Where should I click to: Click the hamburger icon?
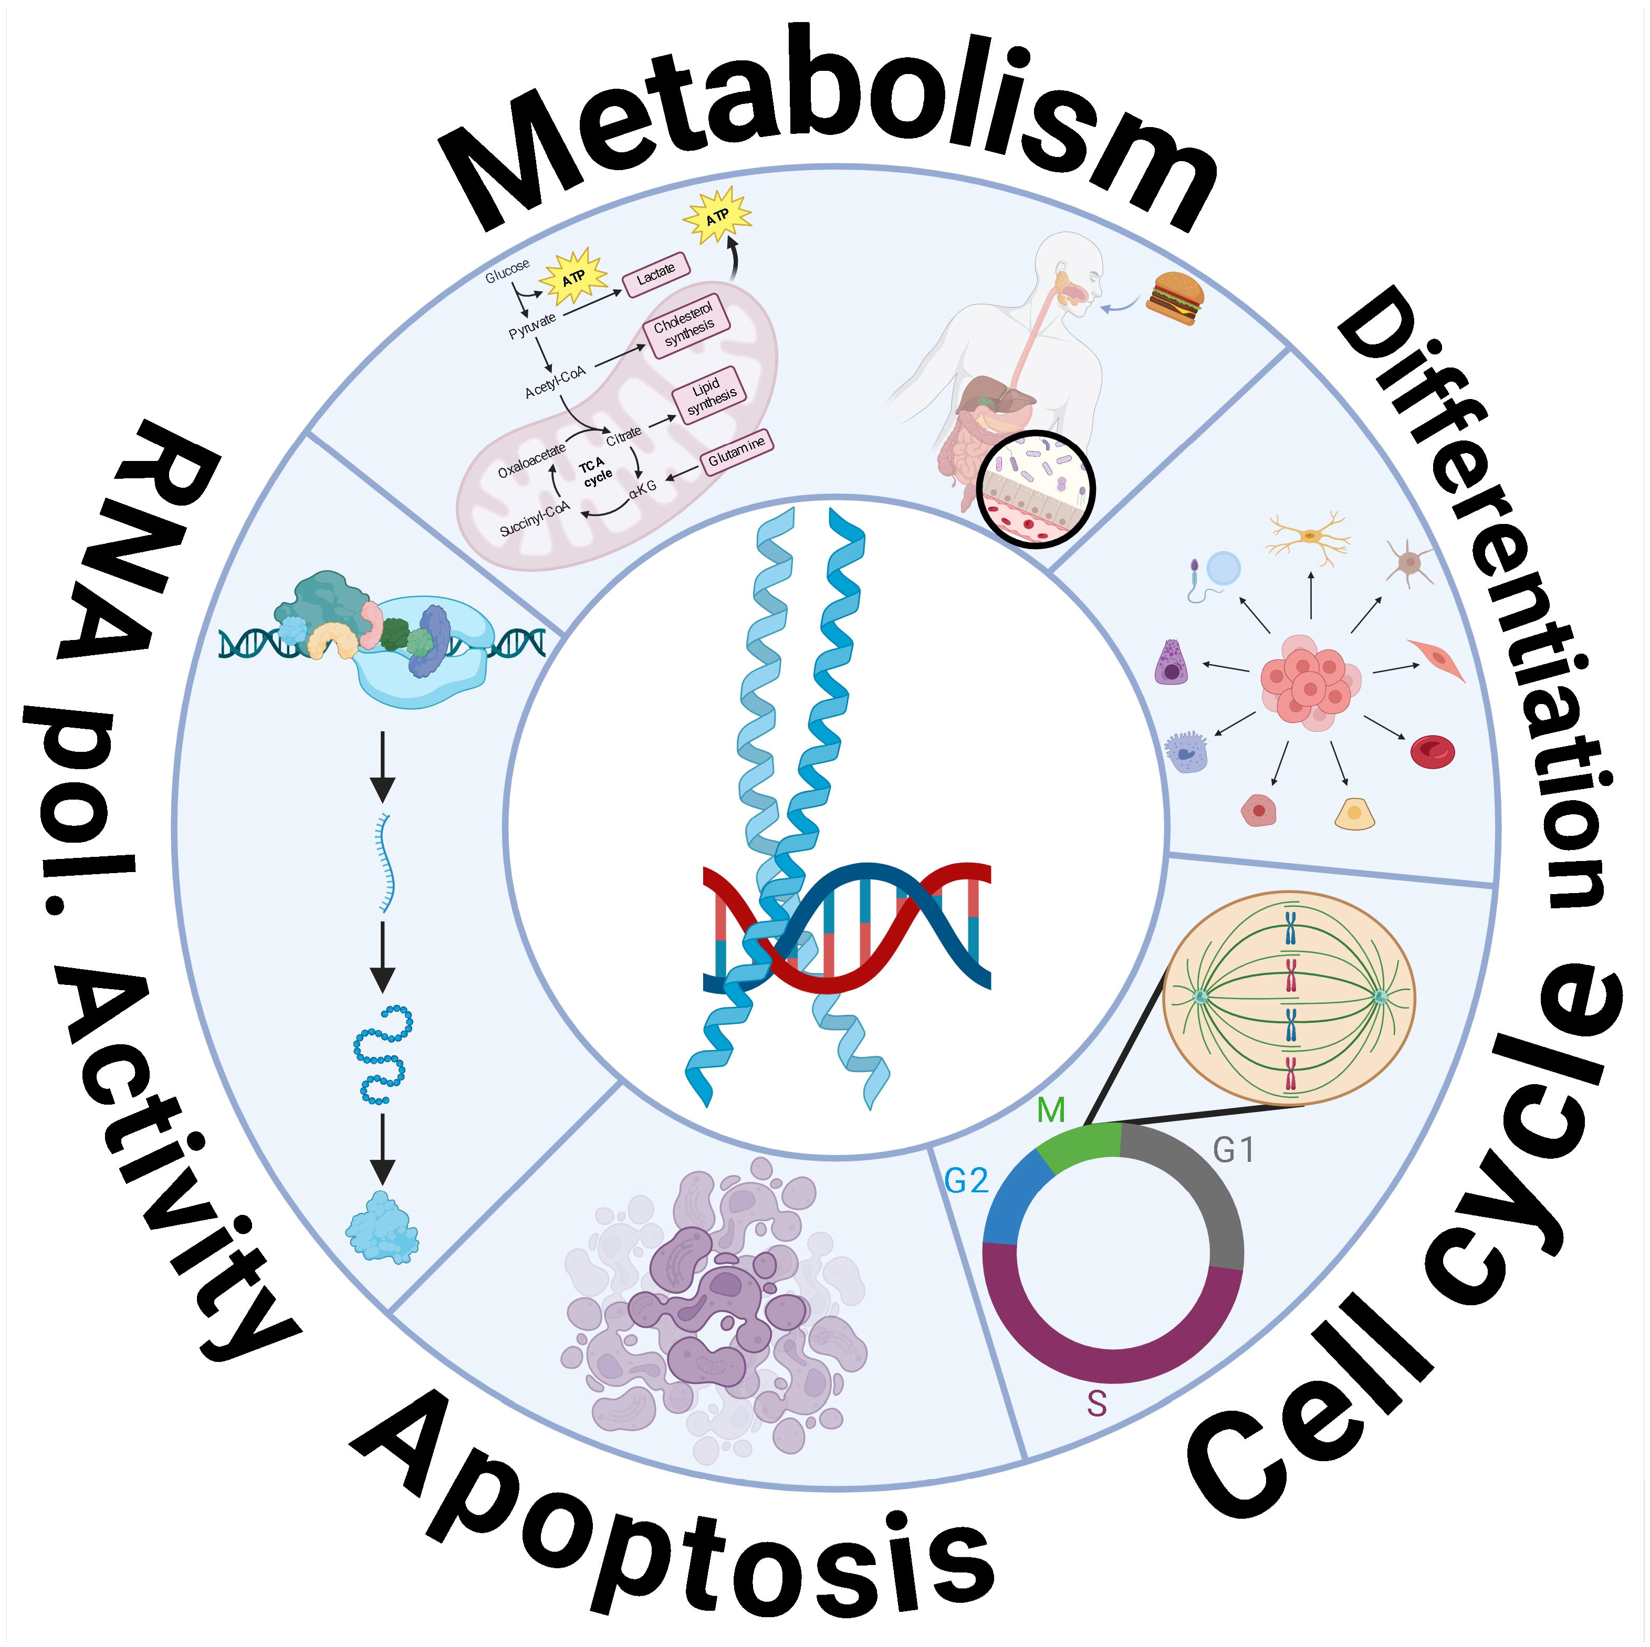(x=1177, y=298)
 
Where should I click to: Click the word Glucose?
(x=507, y=271)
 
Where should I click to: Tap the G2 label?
(x=966, y=1181)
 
